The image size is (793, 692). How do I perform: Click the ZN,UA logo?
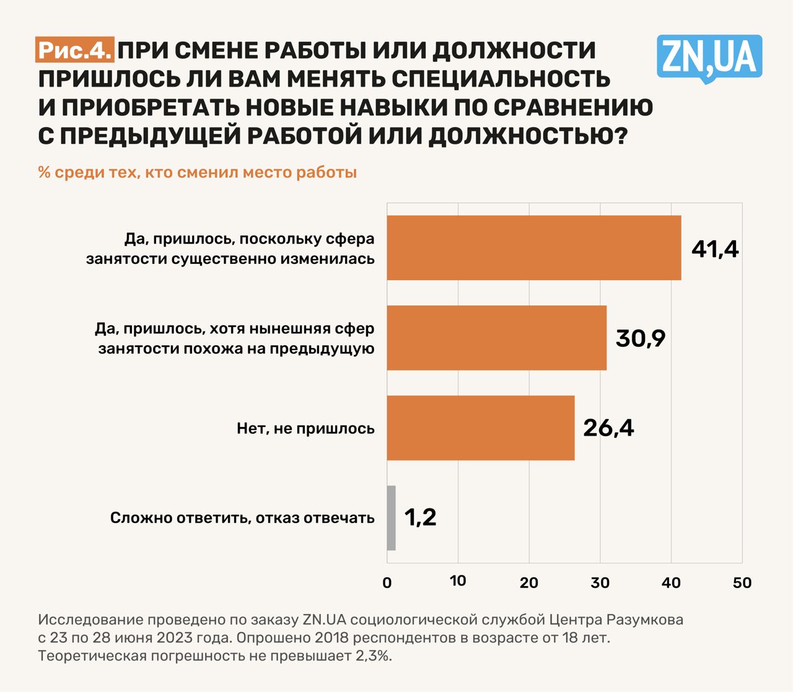[709, 58]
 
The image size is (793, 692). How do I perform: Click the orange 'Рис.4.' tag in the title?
[75, 50]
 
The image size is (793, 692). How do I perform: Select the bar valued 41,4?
[533, 248]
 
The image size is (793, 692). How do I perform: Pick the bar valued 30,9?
[496, 338]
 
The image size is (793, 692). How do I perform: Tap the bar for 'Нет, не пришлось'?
[480, 427]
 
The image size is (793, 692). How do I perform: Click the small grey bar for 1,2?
[391, 518]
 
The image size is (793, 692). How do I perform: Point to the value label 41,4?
[715, 249]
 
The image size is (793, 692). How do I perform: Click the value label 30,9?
[640, 338]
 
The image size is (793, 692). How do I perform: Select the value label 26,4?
[608, 428]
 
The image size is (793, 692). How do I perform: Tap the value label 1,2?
[420, 518]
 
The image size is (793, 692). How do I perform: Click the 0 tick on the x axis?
[387, 583]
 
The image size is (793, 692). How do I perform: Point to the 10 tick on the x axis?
[458, 581]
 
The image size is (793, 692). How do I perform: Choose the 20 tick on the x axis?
[529, 583]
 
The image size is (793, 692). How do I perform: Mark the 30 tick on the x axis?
[600, 583]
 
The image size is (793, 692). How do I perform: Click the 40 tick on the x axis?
[671, 583]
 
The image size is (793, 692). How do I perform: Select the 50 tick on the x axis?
[742, 583]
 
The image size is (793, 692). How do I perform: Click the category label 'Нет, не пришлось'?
[305, 428]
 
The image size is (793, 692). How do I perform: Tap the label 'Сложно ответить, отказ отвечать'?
[242, 518]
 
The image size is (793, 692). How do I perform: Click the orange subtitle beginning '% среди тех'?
[197, 172]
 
